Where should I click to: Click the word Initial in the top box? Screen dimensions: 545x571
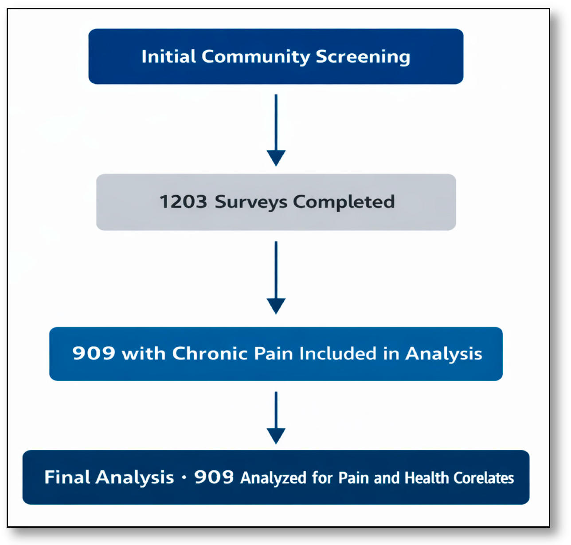coord(168,57)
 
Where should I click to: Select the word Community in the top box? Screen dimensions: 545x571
coord(256,57)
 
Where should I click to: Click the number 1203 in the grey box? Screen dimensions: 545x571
coord(183,202)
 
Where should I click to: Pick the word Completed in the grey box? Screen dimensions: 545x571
coord(344,202)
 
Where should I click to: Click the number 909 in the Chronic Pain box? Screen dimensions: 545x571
coord(94,354)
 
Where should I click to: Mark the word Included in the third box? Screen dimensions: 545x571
coord(338,354)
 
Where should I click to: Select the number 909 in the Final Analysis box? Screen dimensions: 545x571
coord(214,478)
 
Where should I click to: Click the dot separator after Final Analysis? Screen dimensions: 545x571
coord(184,478)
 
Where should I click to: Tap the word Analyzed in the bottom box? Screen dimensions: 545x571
coord(274,478)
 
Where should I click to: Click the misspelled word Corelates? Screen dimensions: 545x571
coord(484,478)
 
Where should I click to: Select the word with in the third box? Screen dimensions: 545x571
coord(144,354)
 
